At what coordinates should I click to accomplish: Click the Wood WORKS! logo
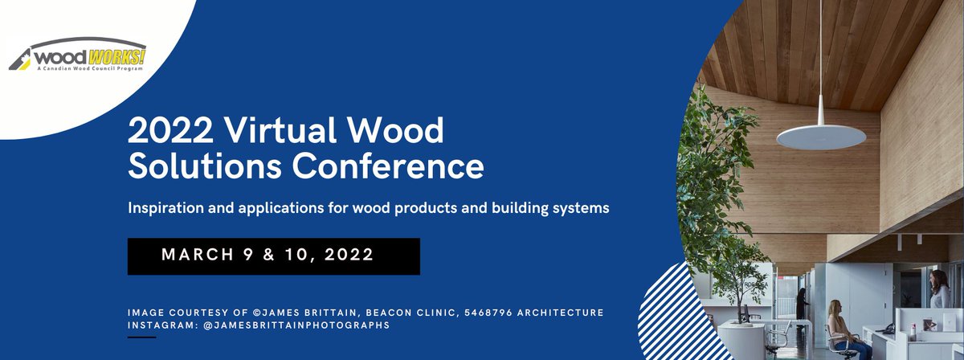click(x=78, y=55)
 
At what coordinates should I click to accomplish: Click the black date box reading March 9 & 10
click(x=273, y=256)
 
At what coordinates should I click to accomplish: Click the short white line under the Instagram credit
click(x=141, y=337)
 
